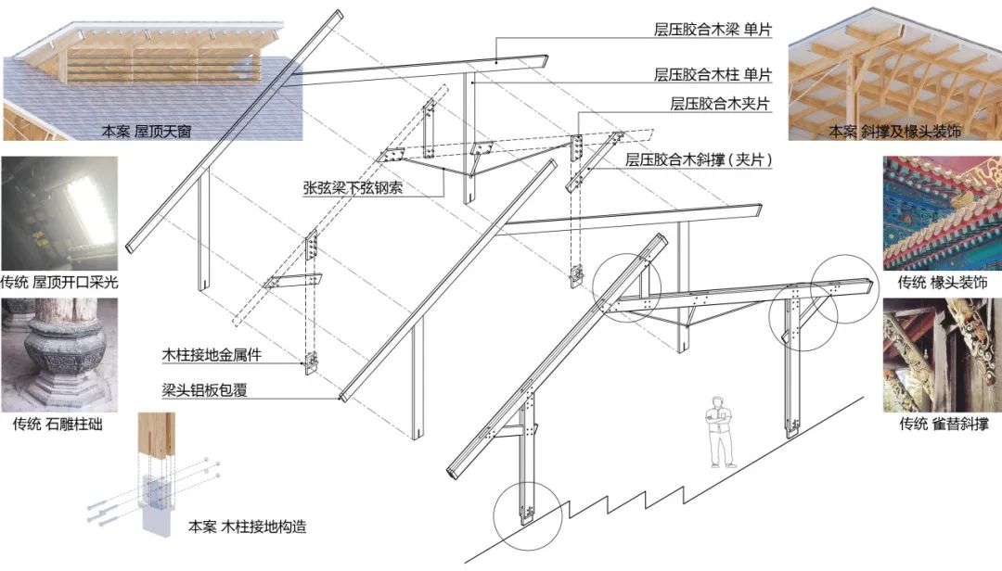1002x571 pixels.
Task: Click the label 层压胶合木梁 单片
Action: pyautogui.click(x=713, y=29)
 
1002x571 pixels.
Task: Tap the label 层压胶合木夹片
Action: pyautogui.click(x=720, y=104)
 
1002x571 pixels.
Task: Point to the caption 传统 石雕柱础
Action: pyautogui.click(x=58, y=425)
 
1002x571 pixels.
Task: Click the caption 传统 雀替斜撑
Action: pyautogui.click(x=943, y=425)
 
